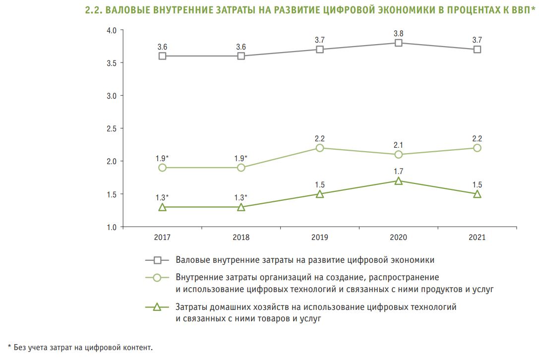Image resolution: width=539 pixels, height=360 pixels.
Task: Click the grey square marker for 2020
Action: pyautogui.click(x=398, y=43)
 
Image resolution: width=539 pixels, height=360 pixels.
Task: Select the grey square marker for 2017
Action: pyautogui.click(x=162, y=56)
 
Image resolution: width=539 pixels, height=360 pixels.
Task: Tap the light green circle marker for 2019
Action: pyautogui.click(x=320, y=148)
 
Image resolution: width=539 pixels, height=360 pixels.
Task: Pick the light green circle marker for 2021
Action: pyautogui.click(x=477, y=148)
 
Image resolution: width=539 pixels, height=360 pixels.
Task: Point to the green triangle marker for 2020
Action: pyautogui.click(x=398, y=181)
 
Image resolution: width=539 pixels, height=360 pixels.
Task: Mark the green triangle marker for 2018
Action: pyautogui.click(x=241, y=207)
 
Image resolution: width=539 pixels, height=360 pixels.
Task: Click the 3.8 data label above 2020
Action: pyautogui.click(x=398, y=33)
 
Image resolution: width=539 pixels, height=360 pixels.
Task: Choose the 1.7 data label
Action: pyautogui.click(x=398, y=172)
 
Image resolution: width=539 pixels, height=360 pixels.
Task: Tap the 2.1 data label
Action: pyautogui.click(x=398, y=145)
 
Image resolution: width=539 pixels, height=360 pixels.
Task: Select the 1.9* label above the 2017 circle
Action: pyautogui.click(x=163, y=158)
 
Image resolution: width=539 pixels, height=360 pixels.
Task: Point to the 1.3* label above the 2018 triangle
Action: pyautogui.click(x=241, y=197)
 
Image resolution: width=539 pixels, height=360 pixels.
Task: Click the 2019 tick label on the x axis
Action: pyautogui.click(x=320, y=238)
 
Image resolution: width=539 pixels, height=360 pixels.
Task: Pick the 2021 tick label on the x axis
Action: pyautogui.click(x=477, y=238)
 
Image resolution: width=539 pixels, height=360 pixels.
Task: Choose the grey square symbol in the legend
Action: pyautogui.click(x=157, y=260)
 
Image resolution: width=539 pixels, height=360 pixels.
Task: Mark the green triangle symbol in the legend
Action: pyautogui.click(x=157, y=307)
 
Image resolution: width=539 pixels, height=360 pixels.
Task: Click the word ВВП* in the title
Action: pyautogui.click(x=522, y=10)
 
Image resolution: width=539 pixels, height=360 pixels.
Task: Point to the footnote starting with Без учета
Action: pyautogui.click(x=80, y=347)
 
